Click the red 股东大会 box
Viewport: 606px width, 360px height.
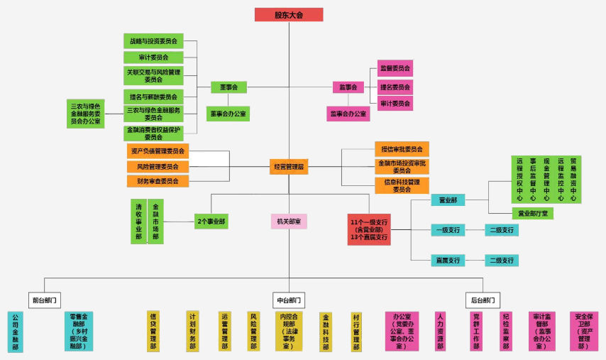tap(289, 15)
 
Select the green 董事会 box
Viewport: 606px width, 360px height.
tap(228, 87)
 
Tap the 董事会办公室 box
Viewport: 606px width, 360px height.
tap(228, 114)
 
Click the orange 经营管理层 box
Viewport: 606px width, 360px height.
tap(289, 167)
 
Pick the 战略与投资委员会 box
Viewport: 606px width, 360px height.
tap(153, 41)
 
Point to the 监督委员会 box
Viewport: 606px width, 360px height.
tap(395, 68)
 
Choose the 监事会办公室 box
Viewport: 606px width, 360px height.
tap(348, 114)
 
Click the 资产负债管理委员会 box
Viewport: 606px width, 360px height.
tap(158, 151)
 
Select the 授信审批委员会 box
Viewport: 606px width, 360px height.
tap(402, 149)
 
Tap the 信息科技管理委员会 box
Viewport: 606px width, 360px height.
tap(402, 185)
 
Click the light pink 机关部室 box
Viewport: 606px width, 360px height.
tap(289, 222)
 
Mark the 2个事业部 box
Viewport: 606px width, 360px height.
tap(211, 222)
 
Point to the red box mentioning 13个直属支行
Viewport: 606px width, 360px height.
tap(369, 229)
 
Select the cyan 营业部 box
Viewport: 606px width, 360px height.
tap(448, 200)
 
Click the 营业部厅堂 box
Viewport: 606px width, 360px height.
tap(532, 213)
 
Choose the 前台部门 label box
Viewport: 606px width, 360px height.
tap(45, 300)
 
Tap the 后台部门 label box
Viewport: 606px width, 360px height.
tap(485, 300)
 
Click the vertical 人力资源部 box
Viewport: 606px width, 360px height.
tap(441, 331)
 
